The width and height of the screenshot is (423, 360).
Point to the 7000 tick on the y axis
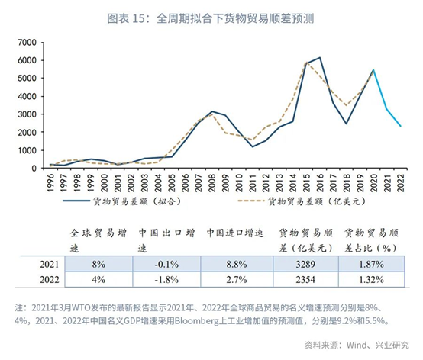27,42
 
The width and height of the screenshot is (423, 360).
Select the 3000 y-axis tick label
27,114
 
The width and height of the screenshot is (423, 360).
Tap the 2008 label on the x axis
212,183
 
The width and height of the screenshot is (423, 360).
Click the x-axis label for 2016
320,183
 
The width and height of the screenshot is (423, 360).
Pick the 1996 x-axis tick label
50,183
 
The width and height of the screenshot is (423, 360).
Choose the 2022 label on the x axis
401,183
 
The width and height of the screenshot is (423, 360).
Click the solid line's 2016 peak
320,57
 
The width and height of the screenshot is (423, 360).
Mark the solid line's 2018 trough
347,124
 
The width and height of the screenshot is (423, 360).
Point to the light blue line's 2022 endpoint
401,126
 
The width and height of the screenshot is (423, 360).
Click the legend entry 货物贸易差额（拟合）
122,201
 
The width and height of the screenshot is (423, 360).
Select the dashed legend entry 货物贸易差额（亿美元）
302,201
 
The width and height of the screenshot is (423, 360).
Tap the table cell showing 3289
305,264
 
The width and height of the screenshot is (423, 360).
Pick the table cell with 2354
305,279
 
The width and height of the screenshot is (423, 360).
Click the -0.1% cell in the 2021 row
166,264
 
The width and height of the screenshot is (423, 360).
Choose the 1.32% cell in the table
371,279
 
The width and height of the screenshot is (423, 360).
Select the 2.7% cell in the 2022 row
237,279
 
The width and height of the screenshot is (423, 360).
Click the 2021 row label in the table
50,264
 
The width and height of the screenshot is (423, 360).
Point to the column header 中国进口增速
234,233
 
